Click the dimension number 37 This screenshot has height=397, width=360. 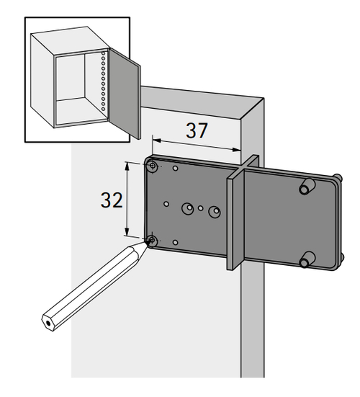(197, 130)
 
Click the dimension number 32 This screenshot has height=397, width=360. (112, 200)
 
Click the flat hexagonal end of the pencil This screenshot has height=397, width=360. (48, 323)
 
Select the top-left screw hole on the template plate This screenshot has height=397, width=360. (153, 166)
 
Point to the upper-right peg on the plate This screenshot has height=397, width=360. (307, 187)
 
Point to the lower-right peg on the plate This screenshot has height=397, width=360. (307, 259)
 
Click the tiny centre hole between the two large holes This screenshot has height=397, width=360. (200, 208)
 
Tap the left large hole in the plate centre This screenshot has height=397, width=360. (188, 208)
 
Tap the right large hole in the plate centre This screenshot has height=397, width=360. (215, 211)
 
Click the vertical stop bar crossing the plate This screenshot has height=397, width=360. (243, 213)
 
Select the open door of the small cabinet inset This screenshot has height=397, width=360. (125, 94)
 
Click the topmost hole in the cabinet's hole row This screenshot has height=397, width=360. (103, 53)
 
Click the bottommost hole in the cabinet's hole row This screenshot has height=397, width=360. (103, 109)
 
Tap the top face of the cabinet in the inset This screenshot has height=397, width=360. (71, 40)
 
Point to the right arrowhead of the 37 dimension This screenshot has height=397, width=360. (237, 150)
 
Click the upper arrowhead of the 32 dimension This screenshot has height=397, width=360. (127, 166)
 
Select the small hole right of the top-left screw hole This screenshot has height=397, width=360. (175, 168)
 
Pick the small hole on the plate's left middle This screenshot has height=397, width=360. (166, 204)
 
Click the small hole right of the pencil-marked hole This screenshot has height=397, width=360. (175, 242)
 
